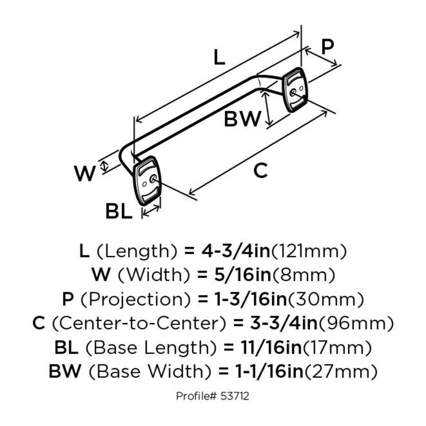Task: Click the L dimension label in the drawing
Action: click(219, 58)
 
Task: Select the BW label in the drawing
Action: click(242, 119)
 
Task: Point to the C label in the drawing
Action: click(260, 171)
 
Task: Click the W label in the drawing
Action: click(85, 174)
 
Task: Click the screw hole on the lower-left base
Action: click(152, 179)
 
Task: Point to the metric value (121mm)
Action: click(309, 251)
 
